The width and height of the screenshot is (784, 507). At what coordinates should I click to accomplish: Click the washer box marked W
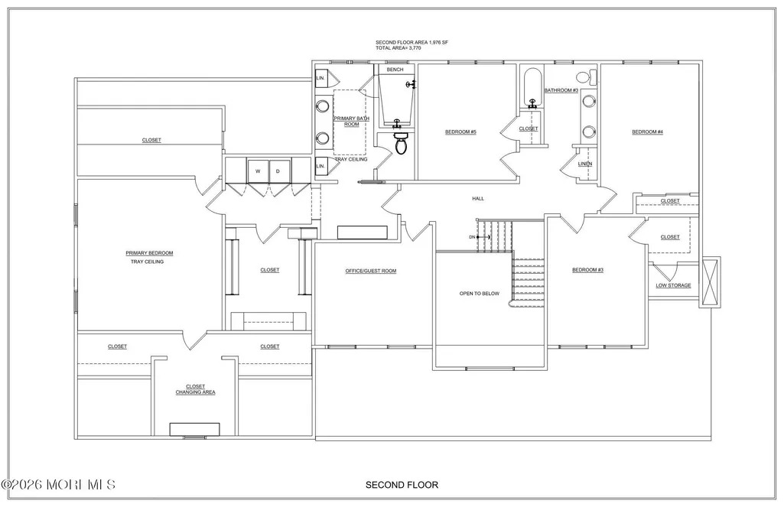259,171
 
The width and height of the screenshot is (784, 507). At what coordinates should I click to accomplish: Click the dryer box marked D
279,171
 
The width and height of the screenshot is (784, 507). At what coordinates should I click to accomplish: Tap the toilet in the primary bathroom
401,142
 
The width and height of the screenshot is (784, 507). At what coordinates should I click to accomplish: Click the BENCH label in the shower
395,70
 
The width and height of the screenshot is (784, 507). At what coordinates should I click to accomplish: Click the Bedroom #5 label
461,132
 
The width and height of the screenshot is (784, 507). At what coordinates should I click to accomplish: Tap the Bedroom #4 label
648,132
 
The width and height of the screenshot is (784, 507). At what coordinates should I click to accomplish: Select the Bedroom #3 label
588,270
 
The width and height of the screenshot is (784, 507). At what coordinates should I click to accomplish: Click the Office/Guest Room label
371,271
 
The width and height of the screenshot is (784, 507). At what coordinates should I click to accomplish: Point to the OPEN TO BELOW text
480,294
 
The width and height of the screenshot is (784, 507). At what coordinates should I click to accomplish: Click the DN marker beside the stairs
472,237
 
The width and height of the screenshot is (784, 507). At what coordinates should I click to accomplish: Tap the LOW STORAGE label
674,285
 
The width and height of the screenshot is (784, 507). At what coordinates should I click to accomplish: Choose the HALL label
478,199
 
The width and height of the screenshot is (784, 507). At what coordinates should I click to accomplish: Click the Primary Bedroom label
149,253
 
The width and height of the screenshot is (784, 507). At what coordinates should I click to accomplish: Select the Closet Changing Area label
196,389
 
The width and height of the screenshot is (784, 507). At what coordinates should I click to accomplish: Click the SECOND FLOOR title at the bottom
402,485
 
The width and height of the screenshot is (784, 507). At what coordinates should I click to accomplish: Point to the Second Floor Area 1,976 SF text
412,43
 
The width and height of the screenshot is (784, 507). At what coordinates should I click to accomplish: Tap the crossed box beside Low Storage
711,281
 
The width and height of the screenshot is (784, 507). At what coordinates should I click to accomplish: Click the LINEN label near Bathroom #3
585,164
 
